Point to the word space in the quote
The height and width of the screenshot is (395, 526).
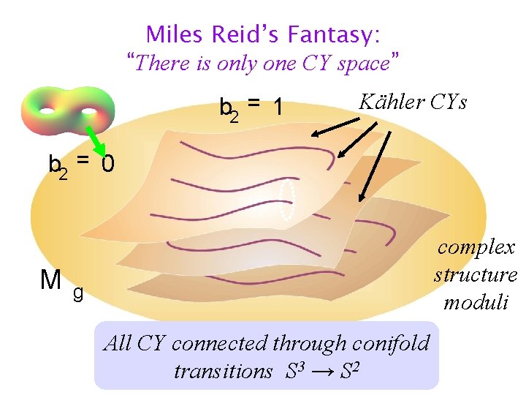click(x=363, y=64)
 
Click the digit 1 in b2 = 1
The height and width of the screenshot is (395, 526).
click(x=277, y=108)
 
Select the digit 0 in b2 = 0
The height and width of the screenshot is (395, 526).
click(x=107, y=165)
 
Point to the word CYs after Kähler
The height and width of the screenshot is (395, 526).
click(x=448, y=102)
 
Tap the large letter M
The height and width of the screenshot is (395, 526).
click(x=51, y=279)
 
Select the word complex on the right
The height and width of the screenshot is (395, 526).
click(x=476, y=247)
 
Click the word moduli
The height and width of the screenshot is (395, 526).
click(x=476, y=302)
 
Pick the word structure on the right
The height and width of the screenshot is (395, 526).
click(x=476, y=275)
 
